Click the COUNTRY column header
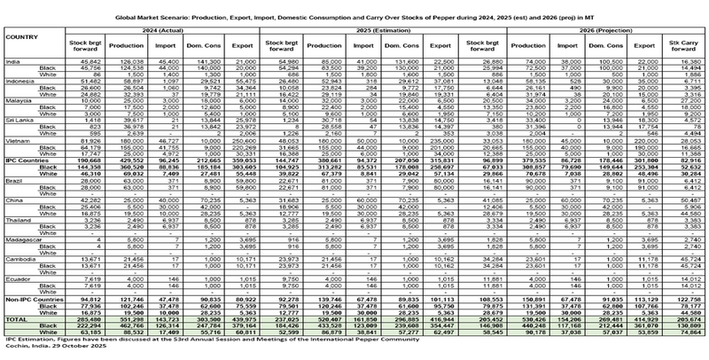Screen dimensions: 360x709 tap(21, 36)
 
